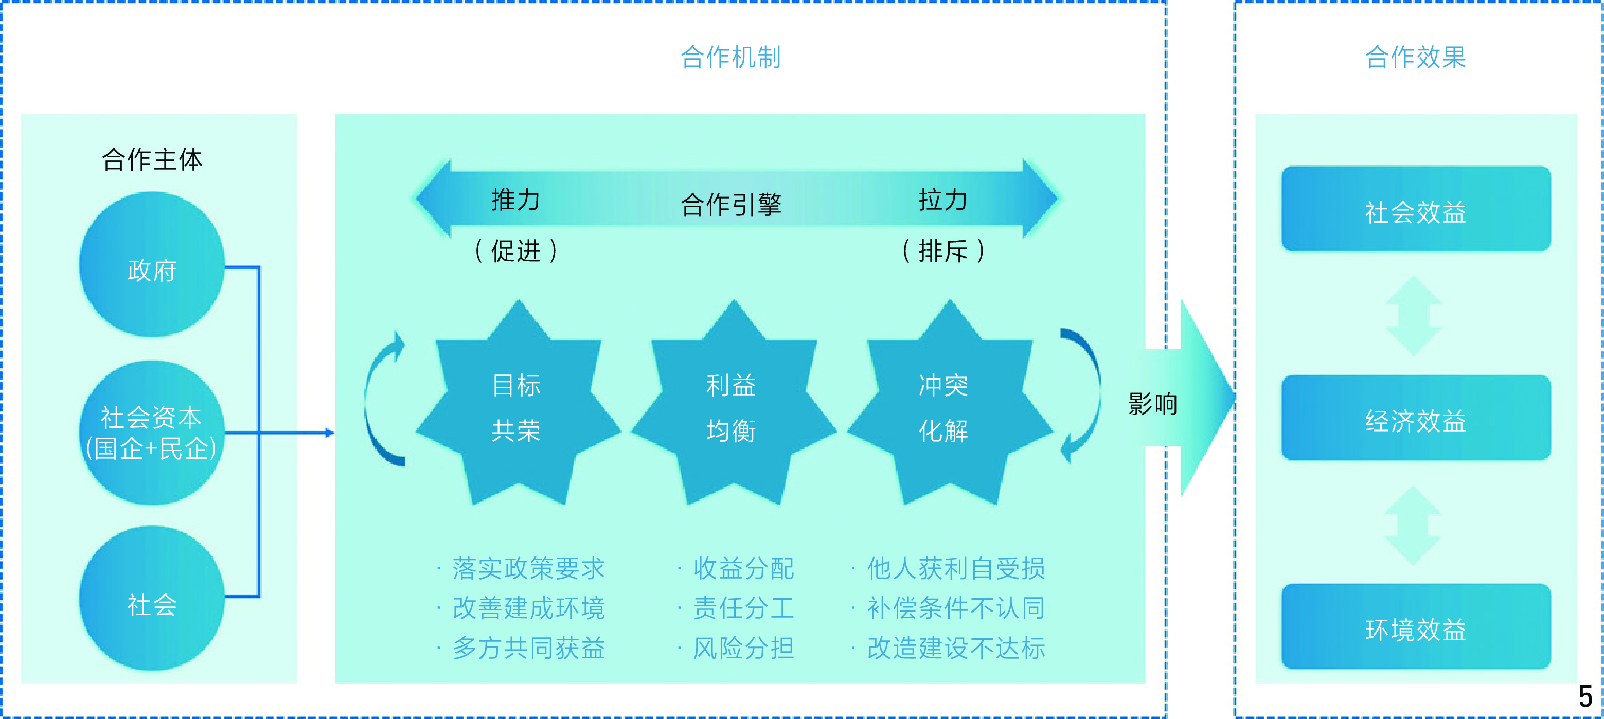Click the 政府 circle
[x=152, y=264]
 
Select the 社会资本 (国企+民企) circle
[x=152, y=433]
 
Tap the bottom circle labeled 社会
[x=152, y=598]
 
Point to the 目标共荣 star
[x=518, y=403]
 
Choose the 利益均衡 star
[x=734, y=403]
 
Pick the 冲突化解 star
[x=950, y=403]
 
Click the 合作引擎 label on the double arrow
[x=731, y=204]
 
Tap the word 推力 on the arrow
[x=515, y=200]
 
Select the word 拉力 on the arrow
[x=943, y=200]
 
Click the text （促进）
[x=515, y=251]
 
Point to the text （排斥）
[x=943, y=251]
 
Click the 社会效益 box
[x=1416, y=208]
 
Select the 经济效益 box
[x=1416, y=418]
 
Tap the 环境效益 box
[x=1416, y=626]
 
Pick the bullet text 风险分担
[x=743, y=648]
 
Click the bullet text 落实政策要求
[x=529, y=568]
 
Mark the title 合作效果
[x=1416, y=57]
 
